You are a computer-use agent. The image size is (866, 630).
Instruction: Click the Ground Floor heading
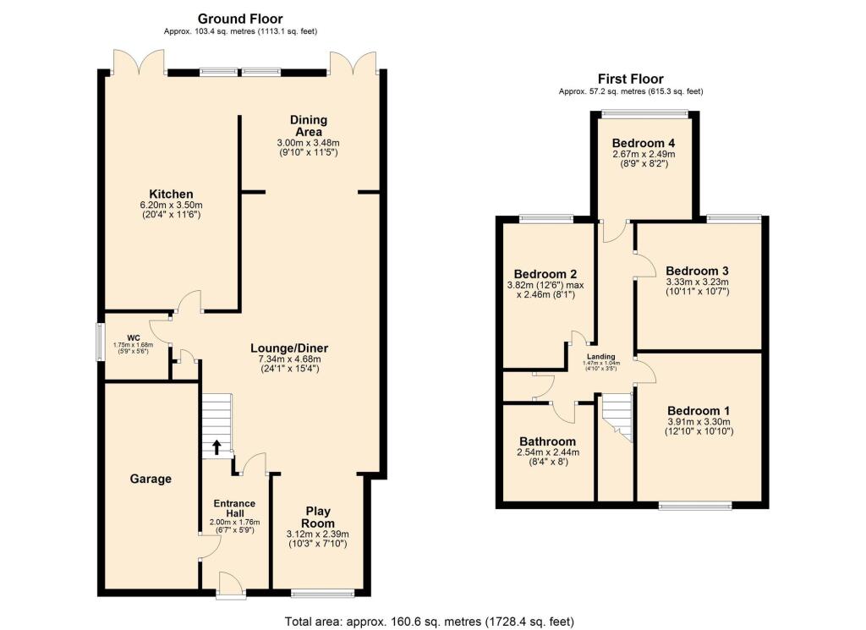[x=240, y=19]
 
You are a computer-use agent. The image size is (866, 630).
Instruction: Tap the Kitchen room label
[x=173, y=194]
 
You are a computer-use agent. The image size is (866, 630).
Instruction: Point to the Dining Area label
[x=308, y=126]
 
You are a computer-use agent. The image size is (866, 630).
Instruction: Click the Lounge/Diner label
[x=289, y=348]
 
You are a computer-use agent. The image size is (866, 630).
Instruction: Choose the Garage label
[x=151, y=479]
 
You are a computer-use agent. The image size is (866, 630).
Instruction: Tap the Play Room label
[x=317, y=517]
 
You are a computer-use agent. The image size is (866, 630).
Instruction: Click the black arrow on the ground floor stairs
[x=216, y=446]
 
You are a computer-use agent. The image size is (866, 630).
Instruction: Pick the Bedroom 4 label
[x=644, y=142]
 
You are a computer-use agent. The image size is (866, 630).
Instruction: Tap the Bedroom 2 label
[x=545, y=274]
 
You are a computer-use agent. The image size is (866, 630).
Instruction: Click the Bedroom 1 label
[x=697, y=408]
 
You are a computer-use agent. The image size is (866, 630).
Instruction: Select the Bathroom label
[x=547, y=441]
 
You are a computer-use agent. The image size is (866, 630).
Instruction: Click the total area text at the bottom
[x=430, y=621]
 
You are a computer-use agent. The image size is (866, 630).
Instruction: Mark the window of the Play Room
[x=322, y=591]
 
